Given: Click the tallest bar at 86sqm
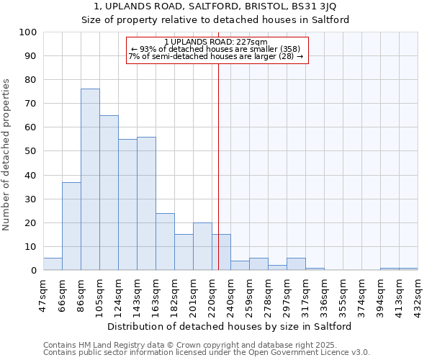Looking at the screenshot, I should (x=90, y=179).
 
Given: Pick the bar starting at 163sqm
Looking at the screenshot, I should (x=165, y=242).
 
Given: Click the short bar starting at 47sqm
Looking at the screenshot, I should (x=53, y=264).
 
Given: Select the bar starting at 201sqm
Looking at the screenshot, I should (x=202, y=247).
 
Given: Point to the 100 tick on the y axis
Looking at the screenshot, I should (x=28, y=32).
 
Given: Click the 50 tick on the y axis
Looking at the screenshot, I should (x=30, y=151).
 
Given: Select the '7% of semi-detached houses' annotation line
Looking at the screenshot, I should (x=216, y=56).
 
